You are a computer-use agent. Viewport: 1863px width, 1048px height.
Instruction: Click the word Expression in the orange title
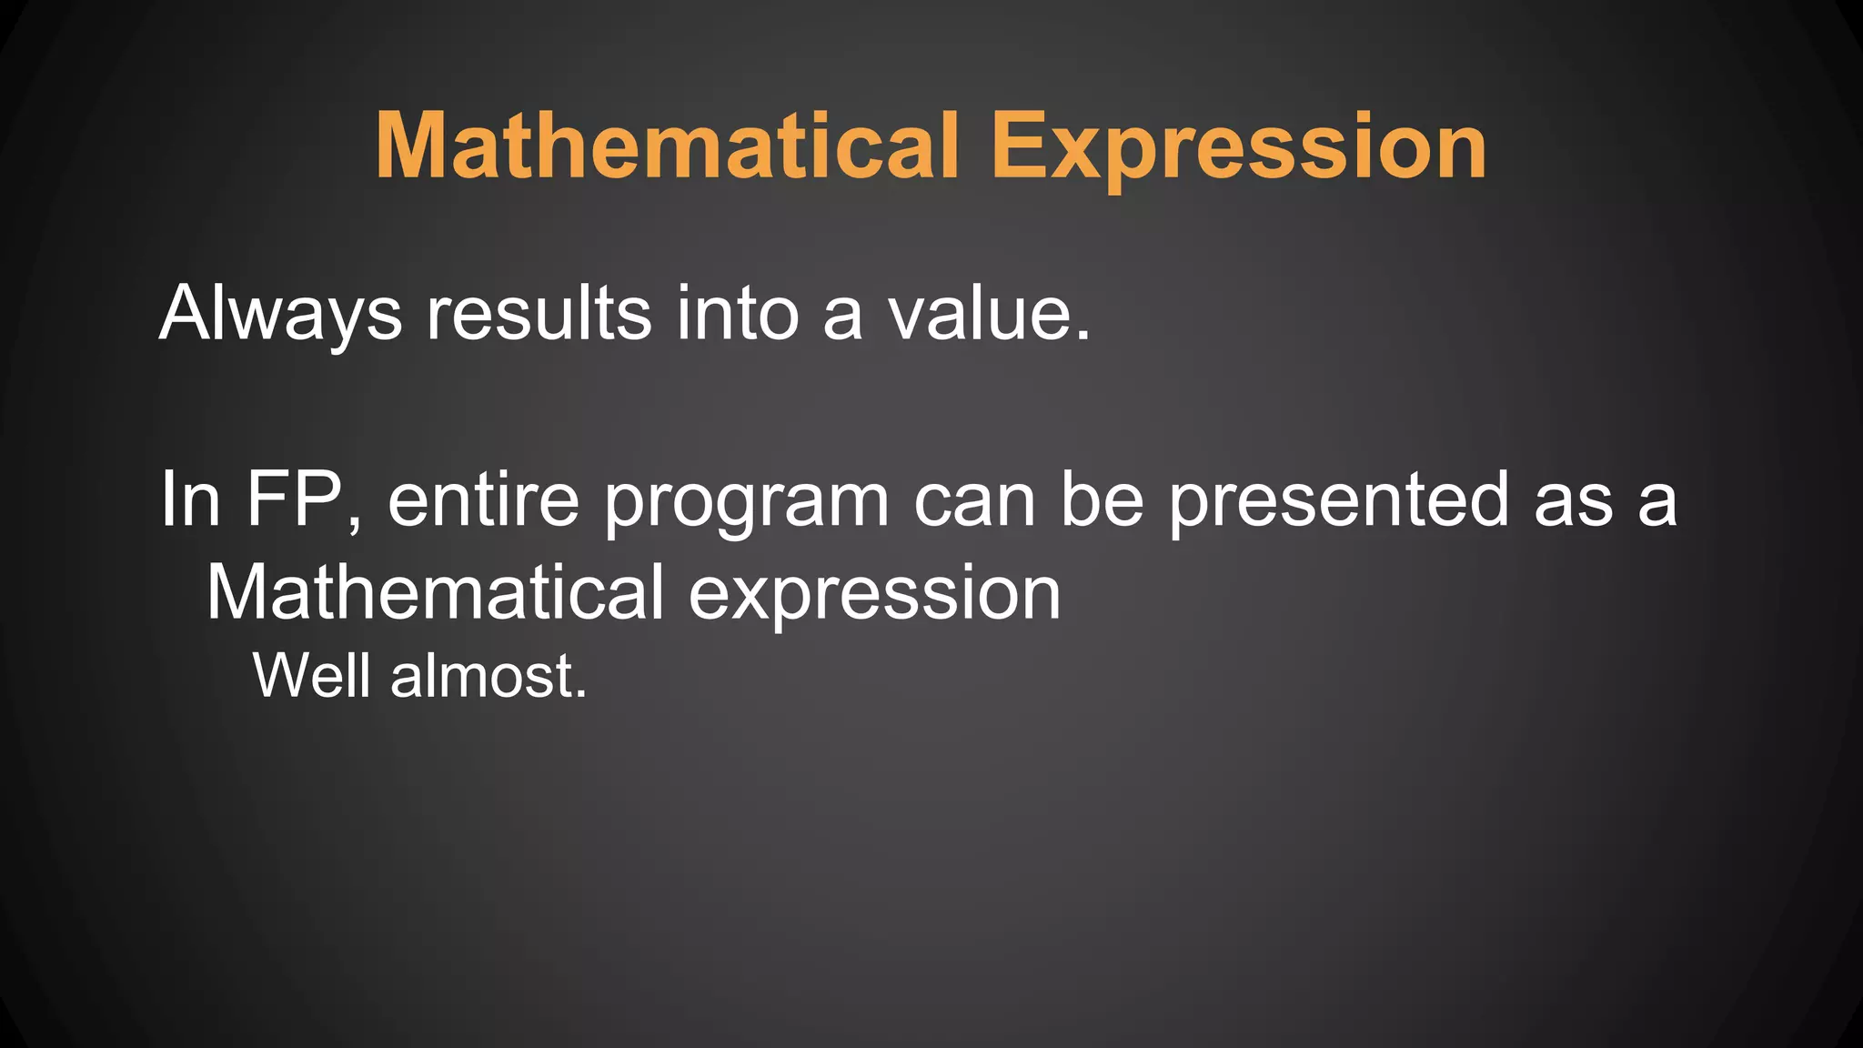click(x=1239, y=147)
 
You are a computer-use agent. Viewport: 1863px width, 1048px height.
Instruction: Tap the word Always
click(x=280, y=314)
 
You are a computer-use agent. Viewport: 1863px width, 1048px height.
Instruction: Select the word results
click(x=539, y=314)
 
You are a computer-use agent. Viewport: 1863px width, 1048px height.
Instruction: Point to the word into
click(x=737, y=314)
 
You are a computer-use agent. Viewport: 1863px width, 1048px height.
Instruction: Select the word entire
click(x=483, y=499)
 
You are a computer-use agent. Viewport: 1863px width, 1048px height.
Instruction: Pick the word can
click(x=974, y=501)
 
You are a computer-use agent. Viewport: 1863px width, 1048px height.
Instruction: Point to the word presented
click(x=1339, y=501)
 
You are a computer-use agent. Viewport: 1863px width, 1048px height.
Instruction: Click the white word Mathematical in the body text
click(x=435, y=593)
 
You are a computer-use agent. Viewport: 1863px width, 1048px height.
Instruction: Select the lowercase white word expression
click(x=874, y=597)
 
